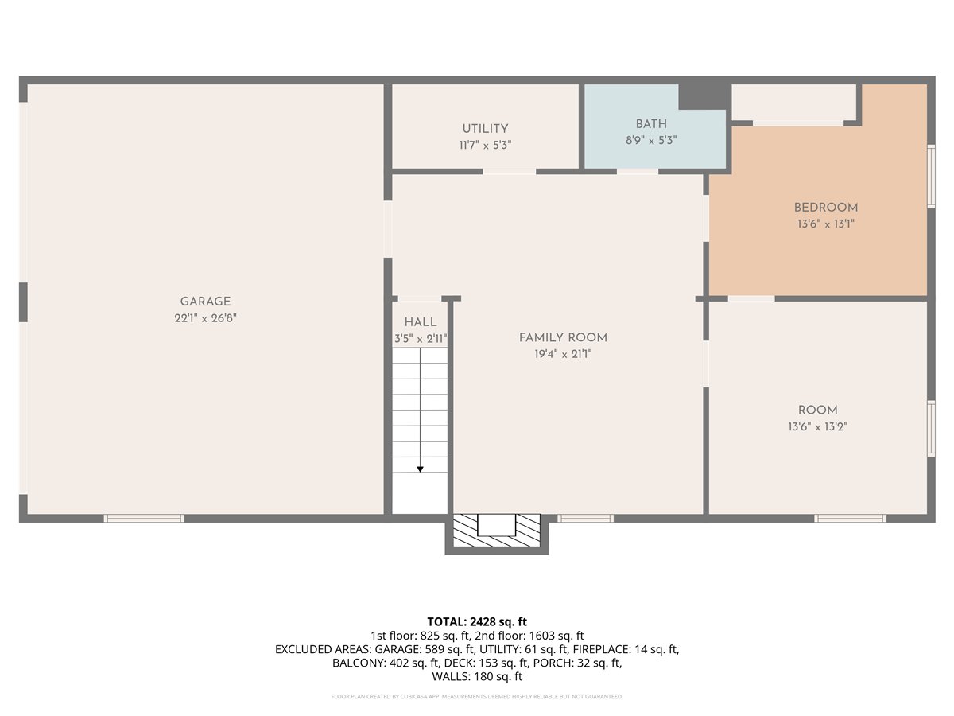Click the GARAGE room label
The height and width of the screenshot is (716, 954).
(x=205, y=302)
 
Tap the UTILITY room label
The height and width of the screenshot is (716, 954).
(x=485, y=129)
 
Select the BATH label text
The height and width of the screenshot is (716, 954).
(x=651, y=124)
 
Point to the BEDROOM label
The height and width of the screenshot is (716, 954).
(x=826, y=208)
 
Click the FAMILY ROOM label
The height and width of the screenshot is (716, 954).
(x=563, y=338)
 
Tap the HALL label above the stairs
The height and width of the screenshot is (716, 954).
(x=421, y=322)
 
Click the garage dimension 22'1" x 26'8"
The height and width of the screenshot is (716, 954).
(x=205, y=318)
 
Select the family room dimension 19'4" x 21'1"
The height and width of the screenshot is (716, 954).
(x=563, y=354)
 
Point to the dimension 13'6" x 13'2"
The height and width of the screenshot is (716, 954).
(x=817, y=427)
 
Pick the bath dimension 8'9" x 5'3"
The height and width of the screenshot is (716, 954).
(x=651, y=141)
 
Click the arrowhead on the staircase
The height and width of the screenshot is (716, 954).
(x=420, y=469)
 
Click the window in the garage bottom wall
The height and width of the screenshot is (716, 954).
(x=144, y=518)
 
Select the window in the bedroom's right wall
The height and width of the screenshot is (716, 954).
(x=931, y=177)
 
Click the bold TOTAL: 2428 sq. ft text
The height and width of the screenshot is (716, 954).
(x=477, y=621)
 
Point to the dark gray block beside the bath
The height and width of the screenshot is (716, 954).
(x=704, y=96)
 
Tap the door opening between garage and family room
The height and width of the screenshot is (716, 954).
(x=388, y=229)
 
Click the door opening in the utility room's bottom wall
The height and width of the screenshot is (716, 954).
(x=509, y=172)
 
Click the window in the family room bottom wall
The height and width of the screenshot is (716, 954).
(x=585, y=518)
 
